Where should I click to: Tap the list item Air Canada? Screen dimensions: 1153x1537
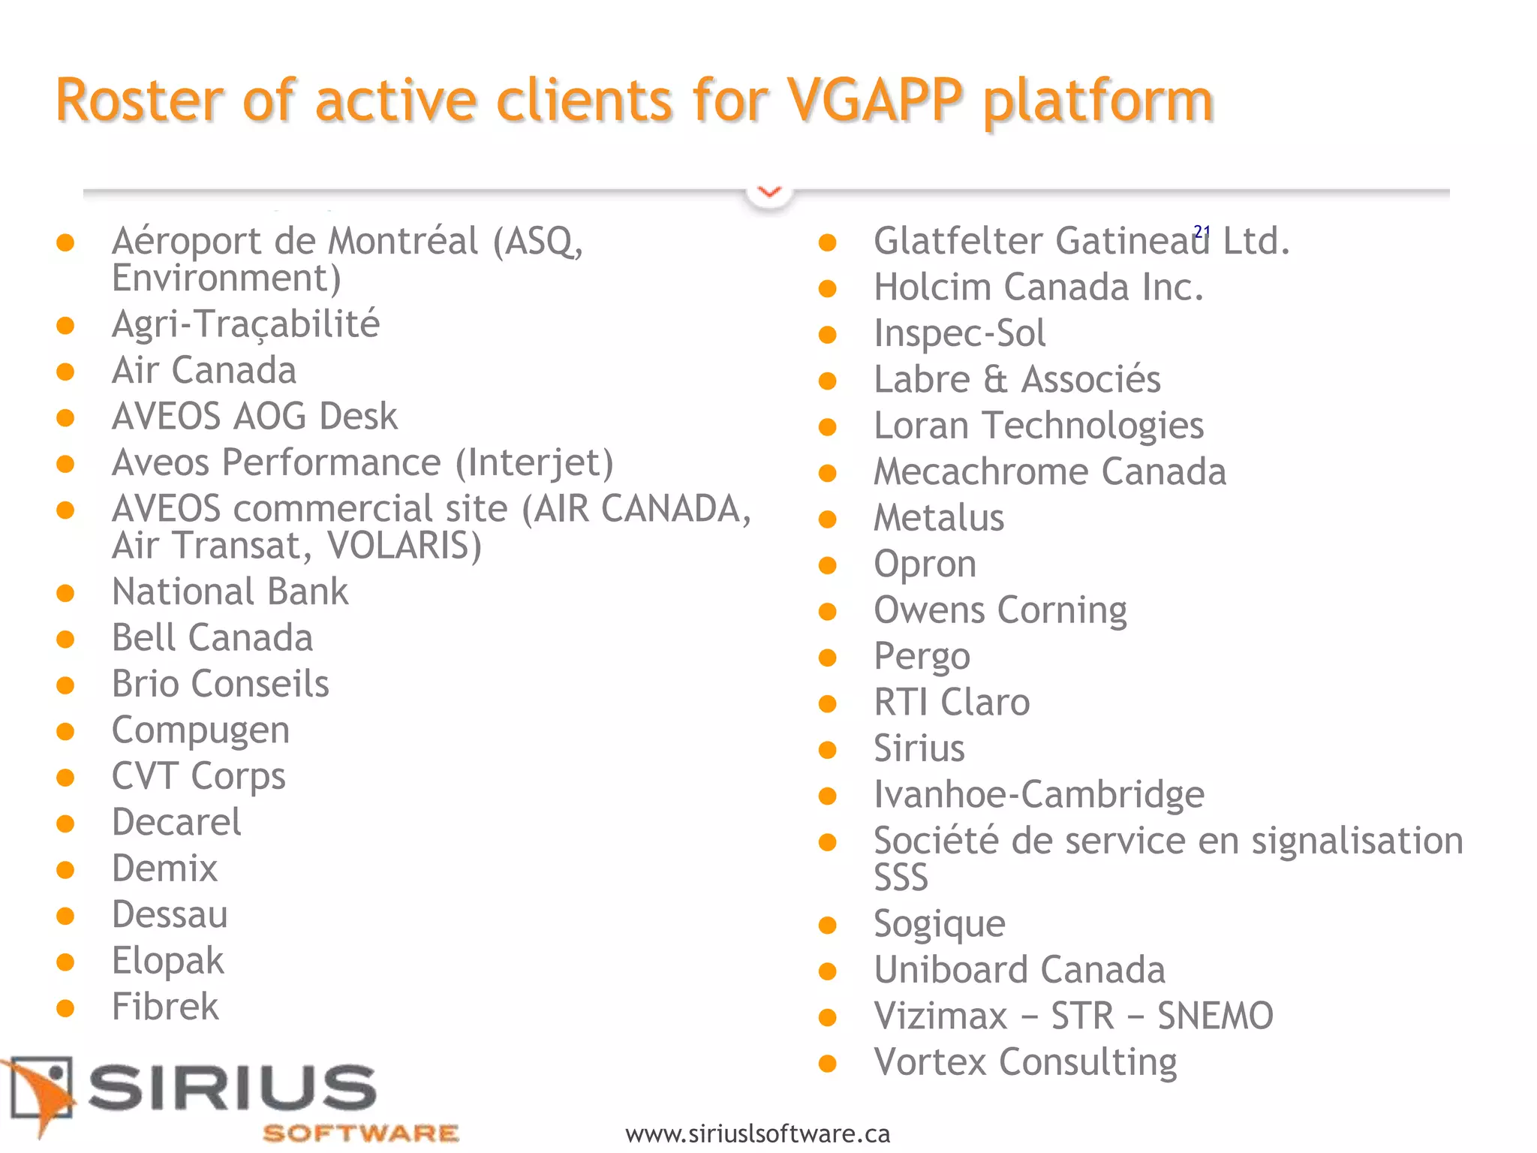(203, 371)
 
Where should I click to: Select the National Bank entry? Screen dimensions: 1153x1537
(230, 592)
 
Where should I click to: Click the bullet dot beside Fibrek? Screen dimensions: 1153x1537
(65, 1008)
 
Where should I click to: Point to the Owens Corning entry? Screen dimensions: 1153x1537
(1000, 610)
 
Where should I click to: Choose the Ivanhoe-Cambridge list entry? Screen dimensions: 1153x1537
(1039, 795)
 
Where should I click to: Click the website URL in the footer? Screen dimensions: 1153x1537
(757, 1133)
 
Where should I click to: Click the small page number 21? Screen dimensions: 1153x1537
(1202, 231)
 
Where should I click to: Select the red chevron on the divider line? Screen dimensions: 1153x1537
(769, 192)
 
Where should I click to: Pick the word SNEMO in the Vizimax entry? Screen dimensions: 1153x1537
(1215, 1016)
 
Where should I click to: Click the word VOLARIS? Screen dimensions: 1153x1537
(404, 546)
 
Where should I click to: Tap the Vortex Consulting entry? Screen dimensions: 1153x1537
(1025, 1063)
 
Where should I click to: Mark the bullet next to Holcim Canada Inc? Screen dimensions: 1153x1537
(827, 289)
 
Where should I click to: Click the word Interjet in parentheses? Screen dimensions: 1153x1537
(534, 463)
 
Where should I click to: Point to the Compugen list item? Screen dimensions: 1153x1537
(200, 730)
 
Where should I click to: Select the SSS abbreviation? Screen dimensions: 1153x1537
(901, 878)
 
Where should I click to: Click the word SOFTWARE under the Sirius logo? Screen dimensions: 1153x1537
(360, 1133)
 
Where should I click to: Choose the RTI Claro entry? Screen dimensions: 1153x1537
(952, 703)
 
